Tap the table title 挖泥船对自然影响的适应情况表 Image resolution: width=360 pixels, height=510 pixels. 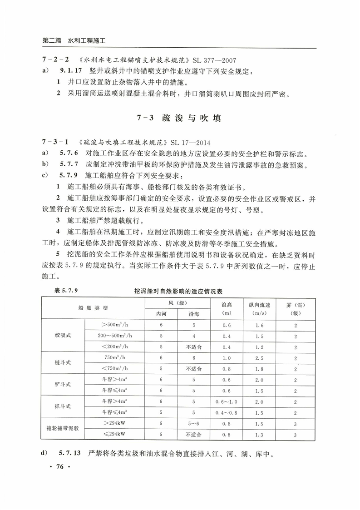pos(181,290)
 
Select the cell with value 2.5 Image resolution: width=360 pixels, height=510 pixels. pos(259,357)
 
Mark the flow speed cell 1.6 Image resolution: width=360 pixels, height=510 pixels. pos(259,325)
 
